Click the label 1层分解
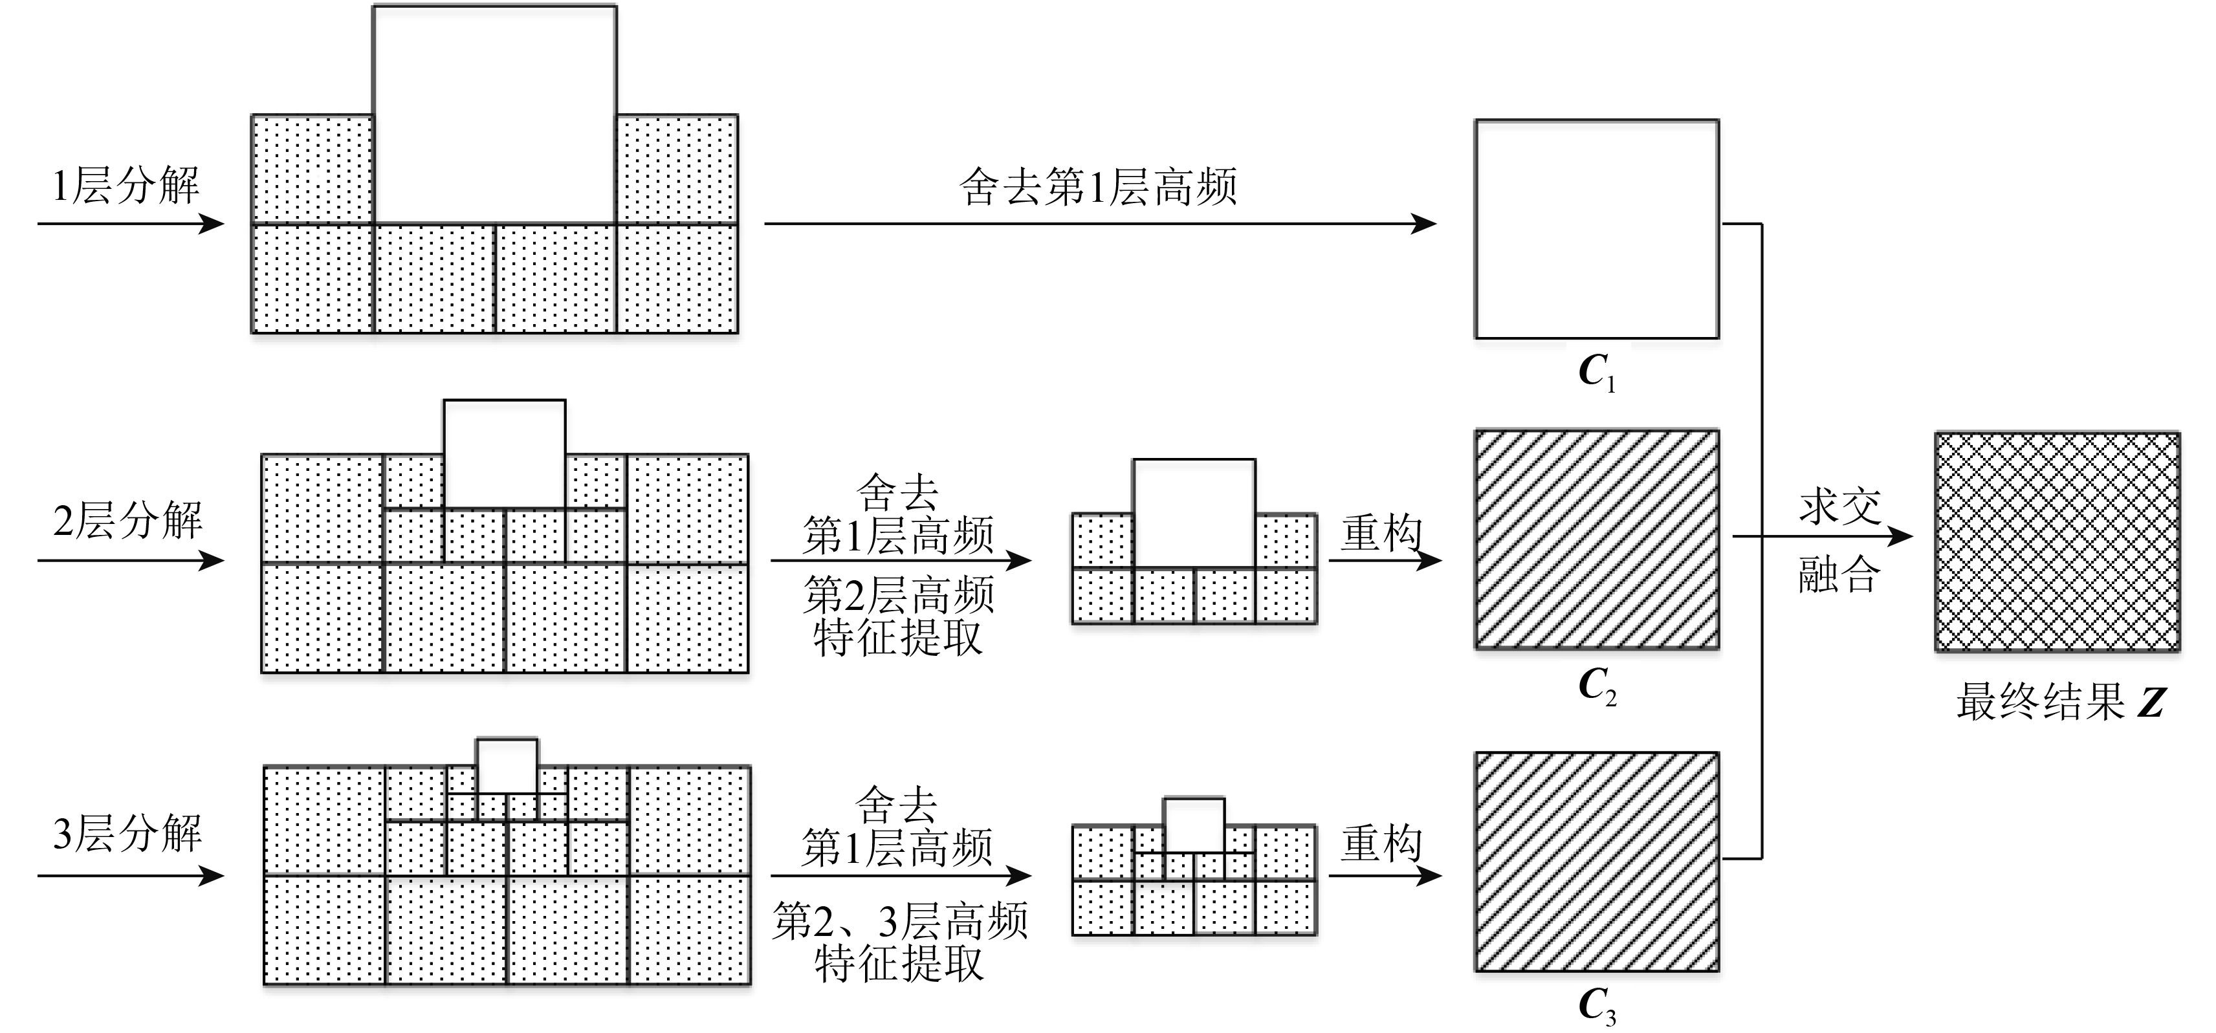click(x=126, y=186)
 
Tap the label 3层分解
click(x=127, y=834)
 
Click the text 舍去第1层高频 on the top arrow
click(x=1098, y=187)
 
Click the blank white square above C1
click(x=1597, y=229)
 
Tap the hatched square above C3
click(x=1597, y=862)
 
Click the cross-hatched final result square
click(x=2057, y=542)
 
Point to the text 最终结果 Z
click(x=2059, y=702)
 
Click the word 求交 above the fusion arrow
click(x=1840, y=506)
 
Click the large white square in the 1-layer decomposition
click(x=495, y=114)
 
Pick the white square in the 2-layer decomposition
click(x=504, y=453)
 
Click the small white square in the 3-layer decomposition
click(x=507, y=765)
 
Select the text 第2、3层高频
click(x=900, y=922)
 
